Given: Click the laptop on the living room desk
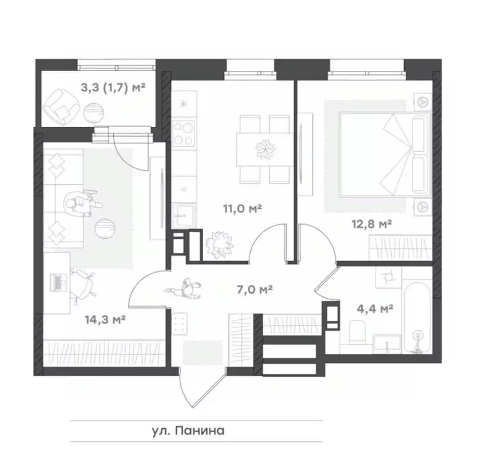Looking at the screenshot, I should coord(58,283).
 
